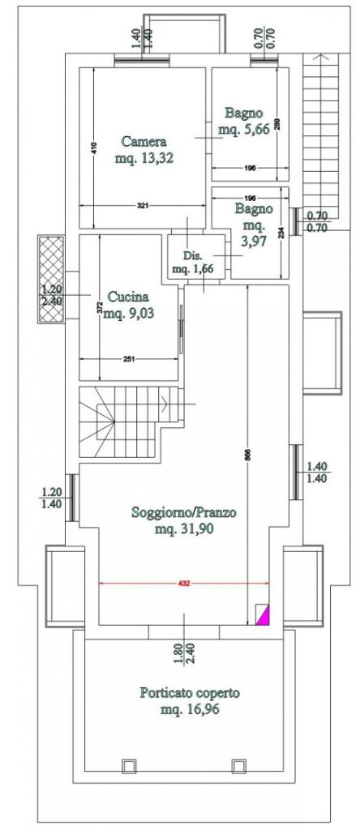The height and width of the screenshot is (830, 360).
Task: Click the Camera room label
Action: pyautogui.click(x=144, y=142)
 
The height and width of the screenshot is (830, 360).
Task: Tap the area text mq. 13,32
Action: pyautogui.click(x=144, y=158)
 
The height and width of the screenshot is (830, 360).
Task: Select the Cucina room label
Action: pyautogui.click(x=128, y=297)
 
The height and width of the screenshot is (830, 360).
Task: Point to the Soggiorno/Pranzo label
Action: pyautogui.click(x=184, y=512)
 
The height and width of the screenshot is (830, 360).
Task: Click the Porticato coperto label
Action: pyautogui.click(x=190, y=692)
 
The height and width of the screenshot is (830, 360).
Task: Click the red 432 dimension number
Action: pyautogui.click(x=184, y=584)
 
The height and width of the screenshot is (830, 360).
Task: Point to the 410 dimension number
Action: pyautogui.click(x=94, y=149)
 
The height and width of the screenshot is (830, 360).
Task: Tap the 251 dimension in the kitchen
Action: pyautogui.click(x=129, y=359)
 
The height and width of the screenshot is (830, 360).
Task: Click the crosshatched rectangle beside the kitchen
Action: pyautogui.click(x=51, y=279)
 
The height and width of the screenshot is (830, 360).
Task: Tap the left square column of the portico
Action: pyautogui.click(x=129, y=766)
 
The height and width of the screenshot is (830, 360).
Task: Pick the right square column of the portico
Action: pyautogui.click(x=238, y=766)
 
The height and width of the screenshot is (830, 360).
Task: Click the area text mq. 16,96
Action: pyautogui.click(x=190, y=709)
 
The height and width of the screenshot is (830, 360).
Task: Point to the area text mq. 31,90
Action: pyautogui.click(x=184, y=529)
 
